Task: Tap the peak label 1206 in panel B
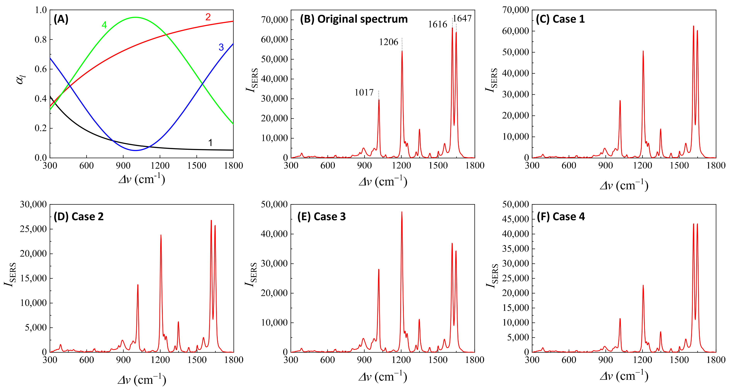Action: [389, 42]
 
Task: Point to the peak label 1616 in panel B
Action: [437, 25]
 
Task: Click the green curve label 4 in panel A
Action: [104, 25]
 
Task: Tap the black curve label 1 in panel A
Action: [210, 143]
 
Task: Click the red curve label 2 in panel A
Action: [208, 17]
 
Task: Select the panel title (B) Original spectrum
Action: [354, 19]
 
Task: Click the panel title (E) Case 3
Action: [321, 217]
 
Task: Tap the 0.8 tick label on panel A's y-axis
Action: [41, 40]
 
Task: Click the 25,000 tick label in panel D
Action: [33, 229]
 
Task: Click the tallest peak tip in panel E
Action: [402, 212]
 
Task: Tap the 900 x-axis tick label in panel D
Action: [123, 360]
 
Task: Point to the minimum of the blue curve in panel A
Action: [135, 150]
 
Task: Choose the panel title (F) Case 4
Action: [561, 217]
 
